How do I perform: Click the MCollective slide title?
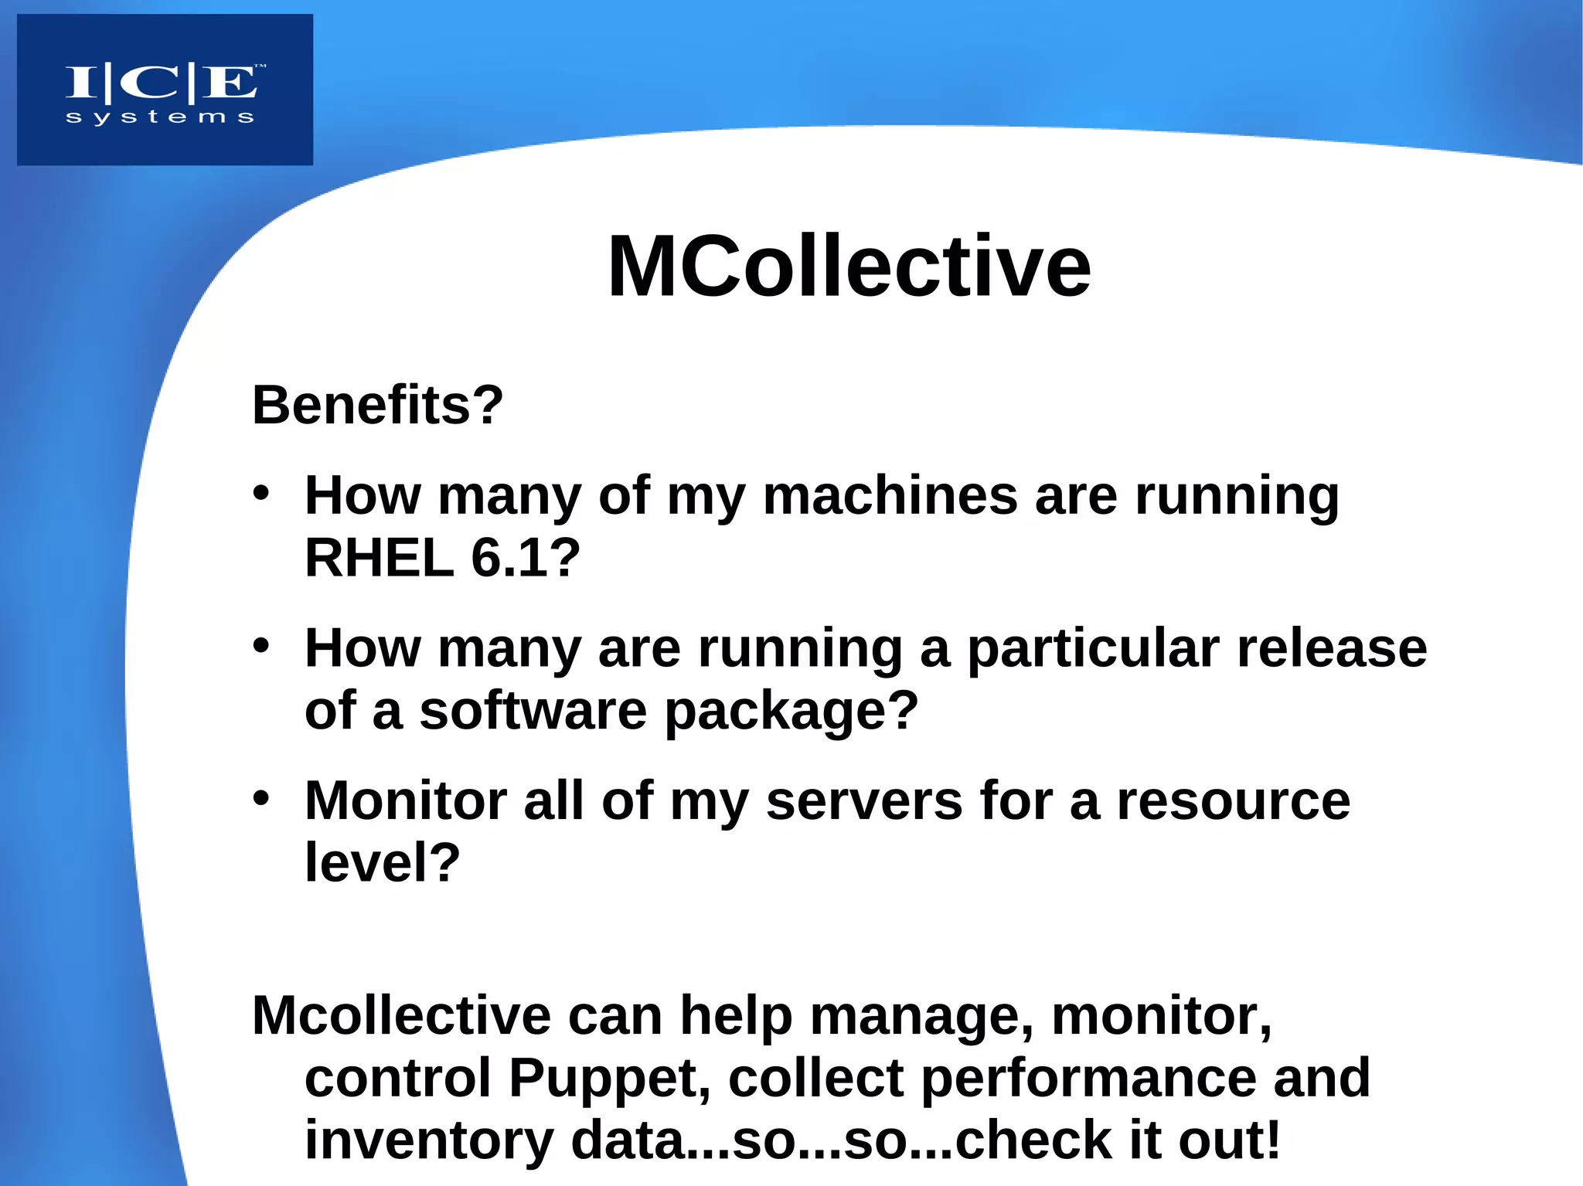tap(849, 267)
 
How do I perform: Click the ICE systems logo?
tap(165, 90)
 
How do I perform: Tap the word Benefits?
tap(377, 405)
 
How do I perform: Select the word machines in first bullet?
tap(890, 495)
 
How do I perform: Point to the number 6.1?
tap(525, 558)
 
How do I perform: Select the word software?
tap(533, 711)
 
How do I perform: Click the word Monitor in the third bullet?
tap(405, 801)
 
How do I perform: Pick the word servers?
tap(863, 801)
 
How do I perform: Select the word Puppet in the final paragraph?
tap(609, 1079)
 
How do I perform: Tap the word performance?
tap(1088, 1079)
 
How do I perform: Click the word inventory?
tap(429, 1140)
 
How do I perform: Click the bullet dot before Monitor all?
tap(261, 798)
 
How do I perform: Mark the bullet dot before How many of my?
tap(261, 492)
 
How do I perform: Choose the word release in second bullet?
tap(1331, 649)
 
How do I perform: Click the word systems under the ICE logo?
tap(160, 118)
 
